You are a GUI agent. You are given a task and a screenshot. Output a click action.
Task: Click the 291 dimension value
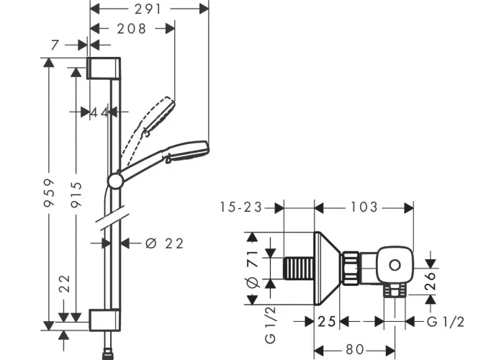[148, 9]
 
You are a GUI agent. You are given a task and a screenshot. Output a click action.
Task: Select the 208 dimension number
[132, 29]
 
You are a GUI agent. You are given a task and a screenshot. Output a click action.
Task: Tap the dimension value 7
[55, 45]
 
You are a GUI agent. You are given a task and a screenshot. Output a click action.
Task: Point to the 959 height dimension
[49, 193]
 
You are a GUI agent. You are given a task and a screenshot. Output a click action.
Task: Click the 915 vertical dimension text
[76, 194]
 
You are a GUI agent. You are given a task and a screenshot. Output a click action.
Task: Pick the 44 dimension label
[99, 112]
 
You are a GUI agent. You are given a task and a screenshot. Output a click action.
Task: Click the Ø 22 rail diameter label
[164, 243]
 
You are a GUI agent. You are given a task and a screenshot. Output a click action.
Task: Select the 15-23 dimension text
[240, 207]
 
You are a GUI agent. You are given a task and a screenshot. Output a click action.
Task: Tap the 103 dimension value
[364, 207]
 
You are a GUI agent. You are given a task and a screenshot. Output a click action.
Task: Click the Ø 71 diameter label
[253, 269]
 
